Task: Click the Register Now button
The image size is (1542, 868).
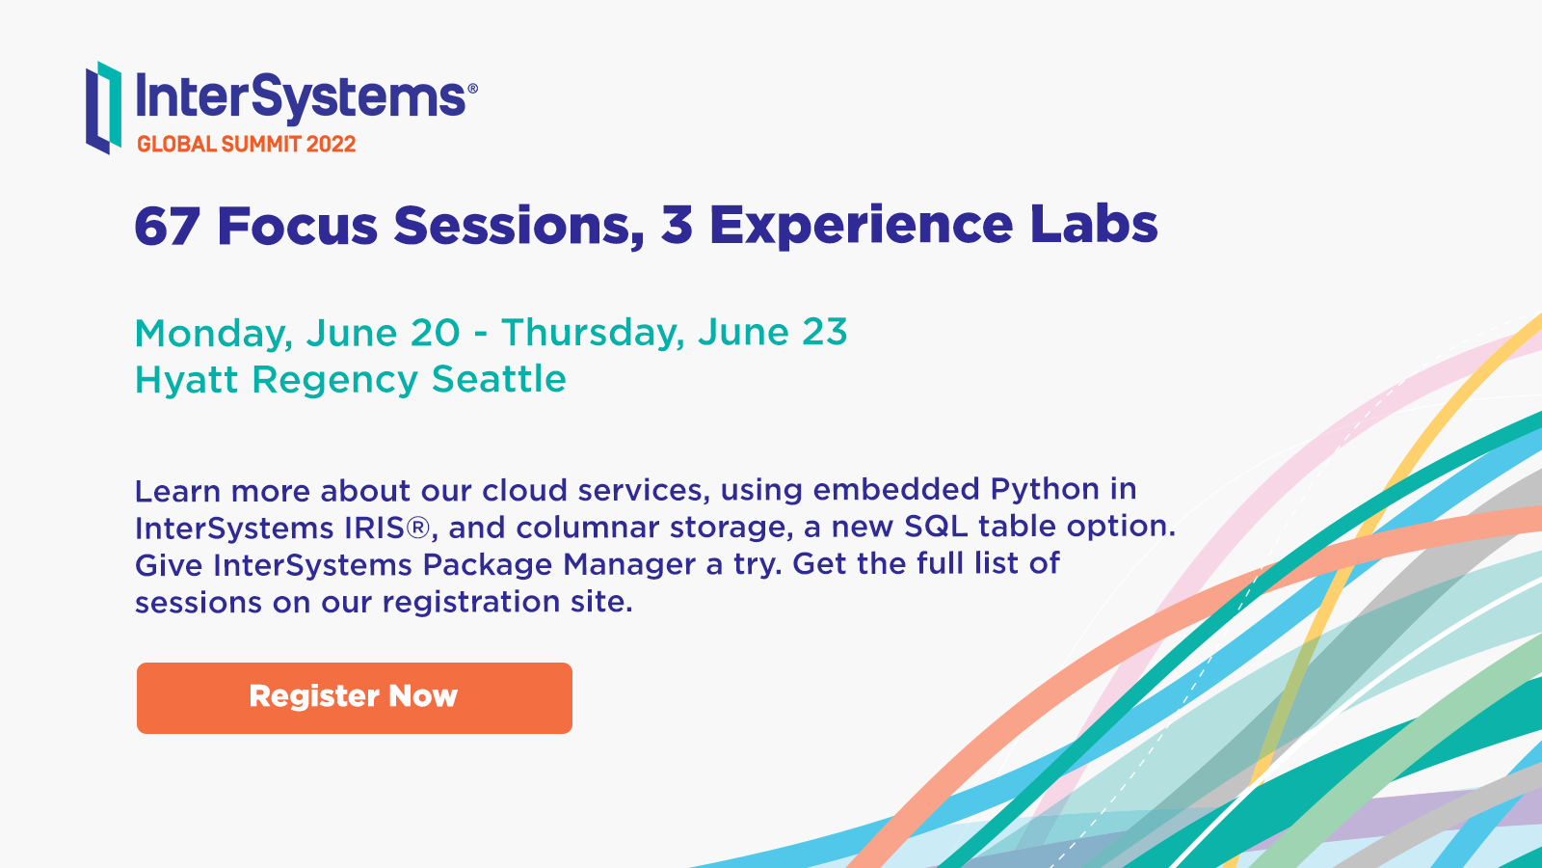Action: point(355,698)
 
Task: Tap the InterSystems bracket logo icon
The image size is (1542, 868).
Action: point(104,107)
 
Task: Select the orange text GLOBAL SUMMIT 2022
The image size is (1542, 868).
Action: point(247,144)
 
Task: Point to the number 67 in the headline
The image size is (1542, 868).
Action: point(168,226)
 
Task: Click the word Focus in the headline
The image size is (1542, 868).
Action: point(298,226)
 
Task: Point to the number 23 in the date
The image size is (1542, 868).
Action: point(825,332)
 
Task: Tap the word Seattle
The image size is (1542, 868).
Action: point(499,379)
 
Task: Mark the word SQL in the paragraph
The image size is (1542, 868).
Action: point(936,527)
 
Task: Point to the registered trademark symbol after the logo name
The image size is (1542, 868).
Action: point(472,88)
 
